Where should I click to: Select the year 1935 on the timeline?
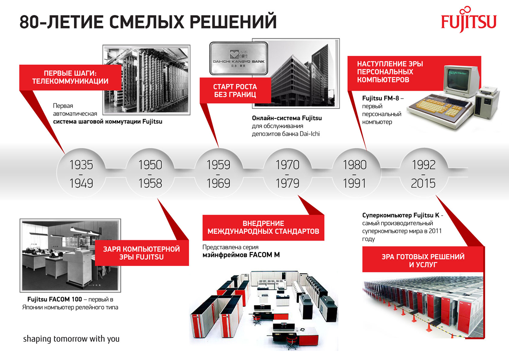[x=81, y=165]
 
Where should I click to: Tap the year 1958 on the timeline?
[x=150, y=183]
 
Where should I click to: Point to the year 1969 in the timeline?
[x=219, y=183]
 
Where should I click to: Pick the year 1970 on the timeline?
[x=287, y=165]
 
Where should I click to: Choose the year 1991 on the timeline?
[x=355, y=183]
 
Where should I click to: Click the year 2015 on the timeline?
[x=423, y=183]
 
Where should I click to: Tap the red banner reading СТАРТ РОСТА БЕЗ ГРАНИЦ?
[x=235, y=91]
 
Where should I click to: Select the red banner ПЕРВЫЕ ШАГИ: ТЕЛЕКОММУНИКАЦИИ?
[x=70, y=77]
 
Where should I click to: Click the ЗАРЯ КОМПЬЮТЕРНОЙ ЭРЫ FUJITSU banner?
[x=142, y=253]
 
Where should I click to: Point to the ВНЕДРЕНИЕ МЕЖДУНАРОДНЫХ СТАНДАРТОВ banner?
[x=263, y=228]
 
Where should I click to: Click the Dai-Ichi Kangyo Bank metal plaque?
[x=239, y=58]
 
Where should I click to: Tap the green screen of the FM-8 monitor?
[x=458, y=76]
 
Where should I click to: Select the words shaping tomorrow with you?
[x=71, y=339]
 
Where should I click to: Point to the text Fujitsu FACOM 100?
[x=55, y=299]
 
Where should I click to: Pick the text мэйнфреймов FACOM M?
[x=241, y=255]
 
